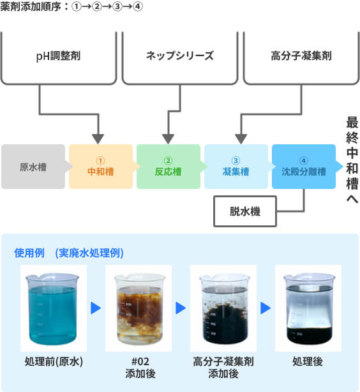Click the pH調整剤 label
58,56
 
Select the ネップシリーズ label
180,56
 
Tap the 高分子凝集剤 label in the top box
301,56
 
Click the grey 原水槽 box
33,167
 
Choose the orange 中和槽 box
101,167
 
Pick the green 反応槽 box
169,167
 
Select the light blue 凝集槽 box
236,167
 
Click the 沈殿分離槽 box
304,167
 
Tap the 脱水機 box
245,211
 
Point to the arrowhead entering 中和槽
98,139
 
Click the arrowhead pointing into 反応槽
169,139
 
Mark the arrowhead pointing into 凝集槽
241,139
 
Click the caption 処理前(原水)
54,361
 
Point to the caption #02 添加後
140,368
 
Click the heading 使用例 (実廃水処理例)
69,253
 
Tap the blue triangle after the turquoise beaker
96,308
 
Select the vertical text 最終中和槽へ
352,160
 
